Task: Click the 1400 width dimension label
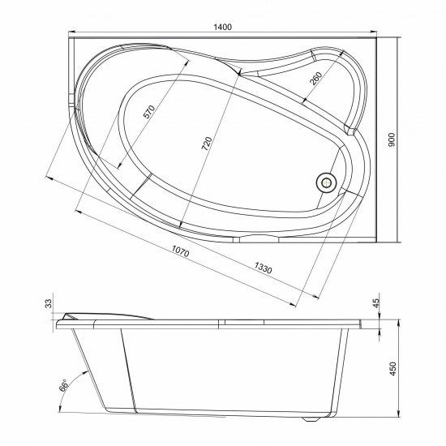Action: pyautogui.click(x=223, y=28)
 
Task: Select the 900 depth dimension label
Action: pyautogui.click(x=392, y=139)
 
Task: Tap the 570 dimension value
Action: pyautogui.click(x=148, y=113)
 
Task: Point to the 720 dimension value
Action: pyautogui.click(x=208, y=145)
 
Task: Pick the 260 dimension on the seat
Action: pyautogui.click(x=315, y=79)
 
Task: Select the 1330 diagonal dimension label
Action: pyautogui.click(x=263, y=267)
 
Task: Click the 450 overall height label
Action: pyautogui.click(x=392, y=368)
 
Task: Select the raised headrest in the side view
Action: pyautogui.click(x=105, y=315)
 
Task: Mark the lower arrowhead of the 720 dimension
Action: pyautogui.click(x=180, y=226)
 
